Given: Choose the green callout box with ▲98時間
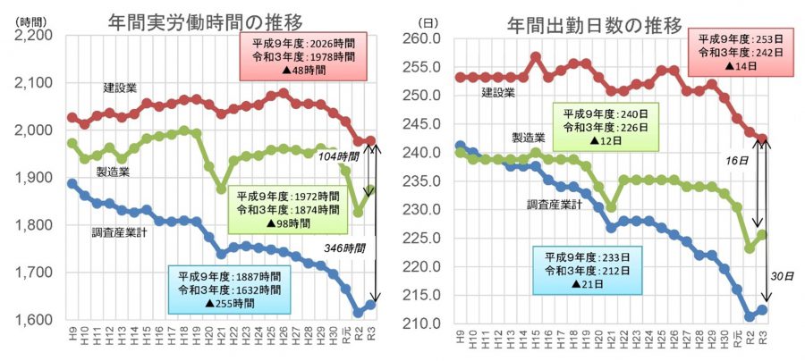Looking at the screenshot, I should (288, 207).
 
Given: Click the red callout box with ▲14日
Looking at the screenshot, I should (739, 53).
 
